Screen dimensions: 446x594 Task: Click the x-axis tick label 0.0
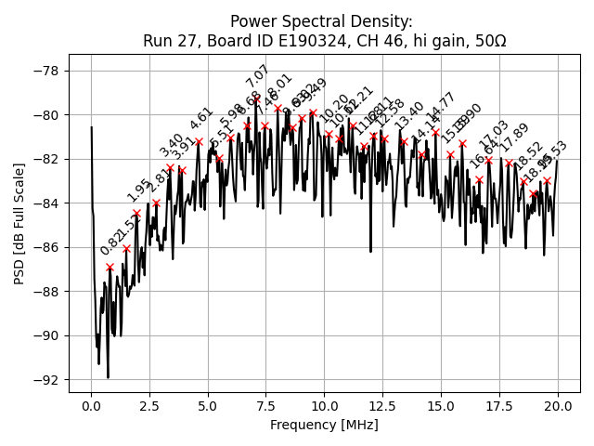pos(91,406)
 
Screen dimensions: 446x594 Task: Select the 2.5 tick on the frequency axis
pos(149,406)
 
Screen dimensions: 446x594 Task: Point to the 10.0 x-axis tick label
pos(324,406)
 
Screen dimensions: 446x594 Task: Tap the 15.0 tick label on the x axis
pos(441,406)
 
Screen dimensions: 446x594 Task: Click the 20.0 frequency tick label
pos(558,406)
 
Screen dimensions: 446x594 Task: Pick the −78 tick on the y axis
pos(45,71)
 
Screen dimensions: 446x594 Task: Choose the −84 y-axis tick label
pos(45,203)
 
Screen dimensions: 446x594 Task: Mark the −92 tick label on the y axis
pos(45,380)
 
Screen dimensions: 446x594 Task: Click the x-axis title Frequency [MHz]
pos(324,425)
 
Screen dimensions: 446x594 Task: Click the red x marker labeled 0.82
pos(110,267)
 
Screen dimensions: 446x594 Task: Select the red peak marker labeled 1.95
pos(136,213)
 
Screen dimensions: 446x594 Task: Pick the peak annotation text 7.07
pos(257,76)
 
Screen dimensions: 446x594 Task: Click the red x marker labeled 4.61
pos(199,141)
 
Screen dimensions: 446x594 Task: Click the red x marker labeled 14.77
pos(435,132)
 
